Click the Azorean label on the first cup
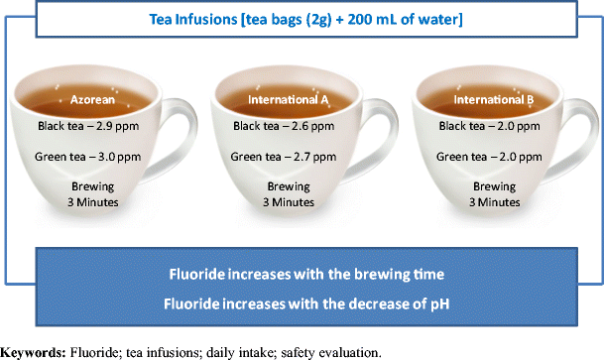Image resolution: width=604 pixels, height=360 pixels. click(x=95, y=99)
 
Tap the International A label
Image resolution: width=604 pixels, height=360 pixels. click(x=287, y=99)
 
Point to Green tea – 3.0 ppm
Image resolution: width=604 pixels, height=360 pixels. click(x=95, y=156)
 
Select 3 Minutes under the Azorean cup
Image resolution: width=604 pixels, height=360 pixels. click(x=95, y=203)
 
